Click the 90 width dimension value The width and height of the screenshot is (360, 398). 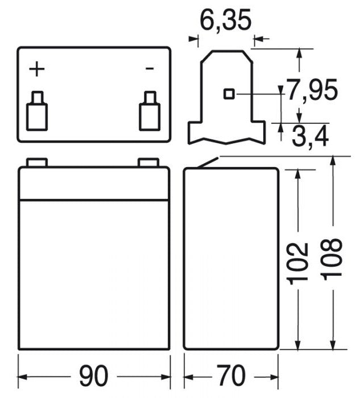93,376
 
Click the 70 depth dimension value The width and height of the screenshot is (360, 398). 230,376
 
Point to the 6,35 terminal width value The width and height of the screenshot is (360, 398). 225,21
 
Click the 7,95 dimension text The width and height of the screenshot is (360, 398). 312,90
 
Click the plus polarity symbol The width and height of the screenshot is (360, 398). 37,69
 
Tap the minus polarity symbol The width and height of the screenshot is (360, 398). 150,69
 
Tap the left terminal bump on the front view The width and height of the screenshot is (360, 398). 37,163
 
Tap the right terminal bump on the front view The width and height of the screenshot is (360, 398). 148,163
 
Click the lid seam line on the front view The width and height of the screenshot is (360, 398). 94,200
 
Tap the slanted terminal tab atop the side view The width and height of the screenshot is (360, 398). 208,163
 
